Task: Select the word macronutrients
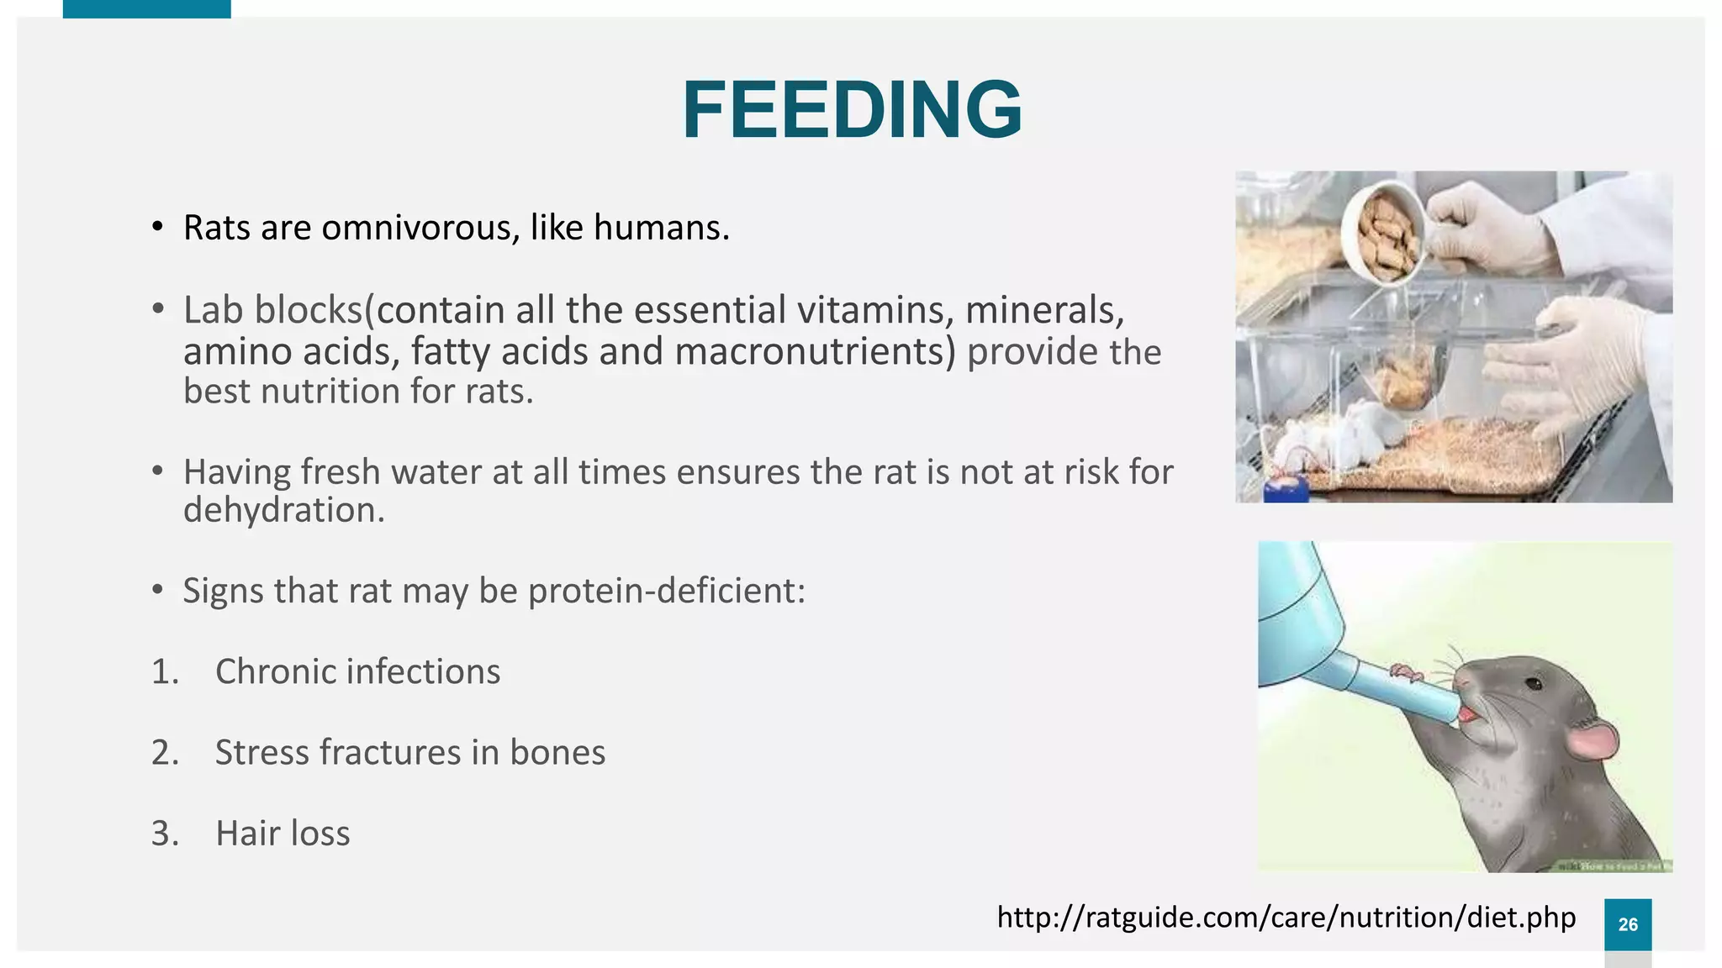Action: (x=816, y=351)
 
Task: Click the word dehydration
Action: (x=283, y=510)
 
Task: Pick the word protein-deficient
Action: (x=666, y=591)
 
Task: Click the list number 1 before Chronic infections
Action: (x=165, y=672)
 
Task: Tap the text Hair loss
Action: (x=283, y=834)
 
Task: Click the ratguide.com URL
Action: (x=1286, y=917)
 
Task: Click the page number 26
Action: (x=1627, y=924)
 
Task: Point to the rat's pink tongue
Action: (x=1467, y=715)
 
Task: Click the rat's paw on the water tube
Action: (x=1405, y=671)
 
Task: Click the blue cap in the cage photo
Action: (x=1286, y=489)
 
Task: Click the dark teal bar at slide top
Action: (x=146, y=8)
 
